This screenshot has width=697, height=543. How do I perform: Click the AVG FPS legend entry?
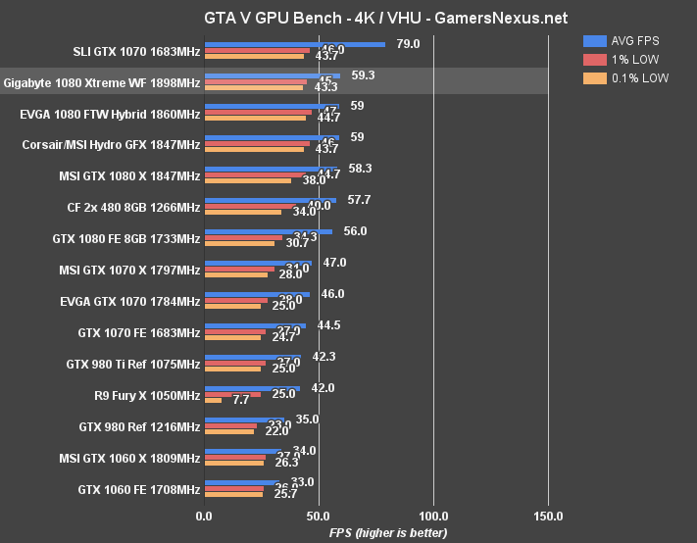coord(627,41)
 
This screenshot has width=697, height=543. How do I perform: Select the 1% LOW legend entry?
coord(623,60)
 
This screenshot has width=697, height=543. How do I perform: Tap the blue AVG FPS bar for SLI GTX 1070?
coord(294,44)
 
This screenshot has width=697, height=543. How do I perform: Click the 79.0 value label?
coord(408,44)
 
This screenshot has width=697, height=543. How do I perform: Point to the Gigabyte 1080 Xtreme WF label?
coord(102,84)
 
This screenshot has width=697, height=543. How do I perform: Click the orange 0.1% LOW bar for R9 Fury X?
coord(213,401)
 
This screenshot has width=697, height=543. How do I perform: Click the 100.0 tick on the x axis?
coord(433,516)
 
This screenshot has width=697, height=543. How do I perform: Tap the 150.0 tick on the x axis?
coord(548,516)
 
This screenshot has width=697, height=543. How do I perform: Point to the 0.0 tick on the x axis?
coord(204,516)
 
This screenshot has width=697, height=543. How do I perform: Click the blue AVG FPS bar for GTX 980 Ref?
coord(243,420)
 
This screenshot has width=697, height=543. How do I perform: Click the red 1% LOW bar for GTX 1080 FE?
coord(243,237)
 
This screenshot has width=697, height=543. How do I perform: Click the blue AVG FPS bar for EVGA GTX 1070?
coord(256,294)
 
